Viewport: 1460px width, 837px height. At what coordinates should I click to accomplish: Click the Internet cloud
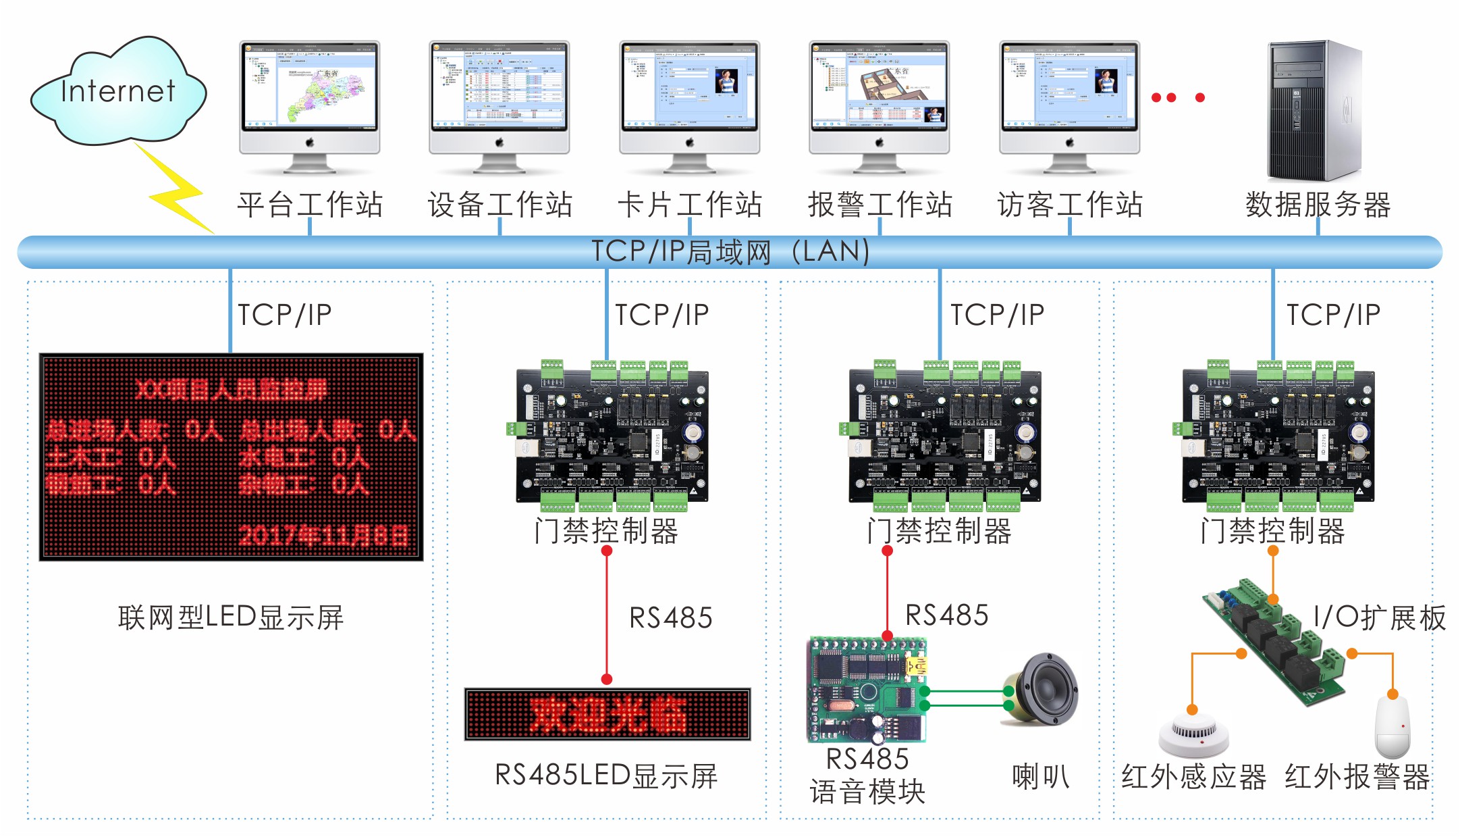118,91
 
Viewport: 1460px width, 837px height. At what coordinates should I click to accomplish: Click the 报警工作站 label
880,205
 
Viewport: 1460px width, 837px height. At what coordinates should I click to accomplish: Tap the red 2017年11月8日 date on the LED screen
323,536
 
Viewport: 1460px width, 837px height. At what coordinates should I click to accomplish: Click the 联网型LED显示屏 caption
231,617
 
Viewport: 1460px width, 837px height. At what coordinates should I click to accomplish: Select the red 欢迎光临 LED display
607,715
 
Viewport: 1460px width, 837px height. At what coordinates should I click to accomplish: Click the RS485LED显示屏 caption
605,776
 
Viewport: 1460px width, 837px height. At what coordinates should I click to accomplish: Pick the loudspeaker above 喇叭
1043,689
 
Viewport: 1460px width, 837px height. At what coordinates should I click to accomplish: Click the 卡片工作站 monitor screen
689,88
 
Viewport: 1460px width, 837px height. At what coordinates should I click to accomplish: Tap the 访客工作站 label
1070,205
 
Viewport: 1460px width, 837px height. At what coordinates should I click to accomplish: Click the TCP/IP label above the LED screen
284,315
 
